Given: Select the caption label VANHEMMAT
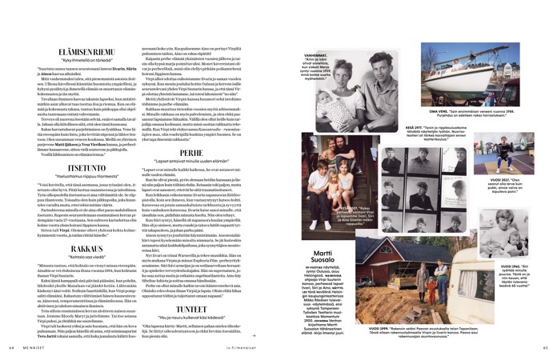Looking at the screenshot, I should pyautogui.click(x=320, y=55).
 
